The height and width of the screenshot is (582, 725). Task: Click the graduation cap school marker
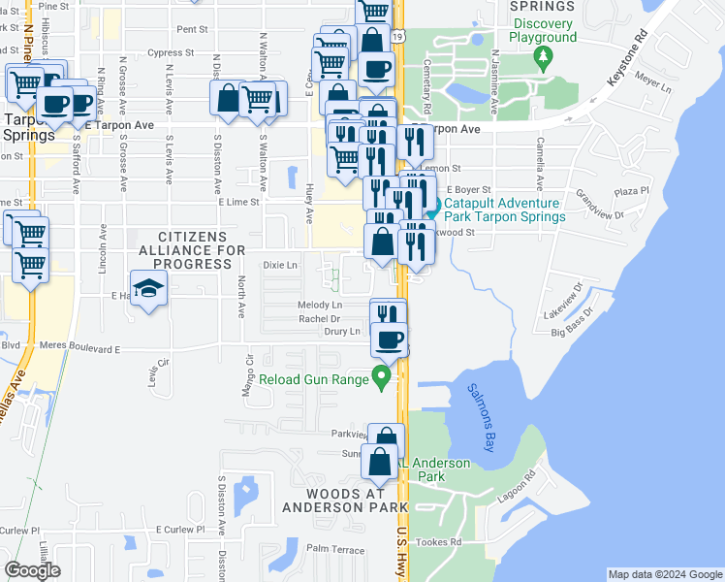[x=149, y=289]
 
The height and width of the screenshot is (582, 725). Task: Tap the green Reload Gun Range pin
[x=382, y=378]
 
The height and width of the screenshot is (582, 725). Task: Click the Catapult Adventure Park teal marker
[x=433, y=206]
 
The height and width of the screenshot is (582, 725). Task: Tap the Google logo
[x=32, y=570]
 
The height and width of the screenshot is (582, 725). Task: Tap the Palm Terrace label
[x=334, y=549]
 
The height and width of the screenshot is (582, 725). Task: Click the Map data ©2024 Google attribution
[x=665, y=574]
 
